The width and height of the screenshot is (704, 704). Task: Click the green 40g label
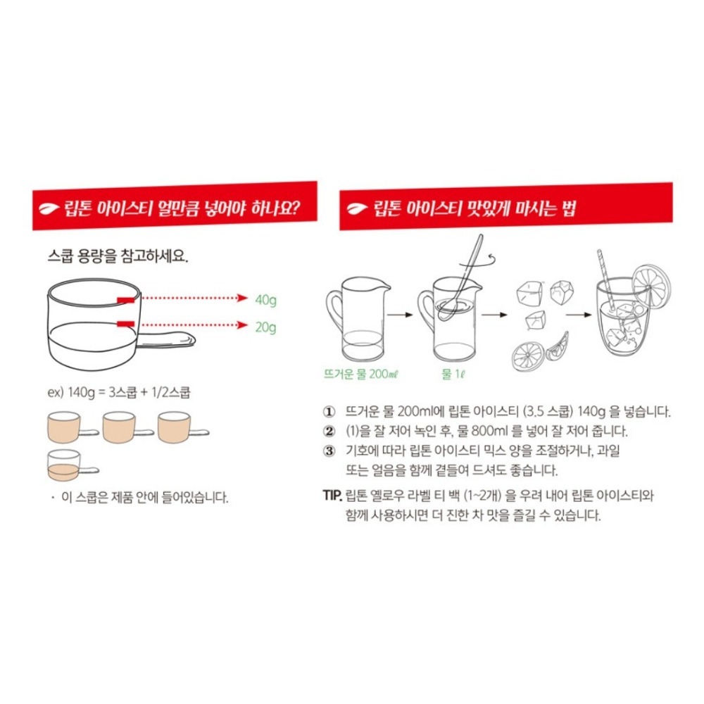(265, 300)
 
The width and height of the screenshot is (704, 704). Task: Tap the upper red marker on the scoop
(126, 300)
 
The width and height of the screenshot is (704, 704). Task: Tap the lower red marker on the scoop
(126, 324)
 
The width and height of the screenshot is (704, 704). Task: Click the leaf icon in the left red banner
(48, 208)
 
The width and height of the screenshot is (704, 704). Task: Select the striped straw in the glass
(606, 282)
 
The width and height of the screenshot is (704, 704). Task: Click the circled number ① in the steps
(328, 413)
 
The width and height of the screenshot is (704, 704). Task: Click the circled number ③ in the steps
(328, 451)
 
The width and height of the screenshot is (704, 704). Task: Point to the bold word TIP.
(332, 495)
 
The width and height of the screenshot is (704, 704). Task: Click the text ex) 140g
(65, 394)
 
